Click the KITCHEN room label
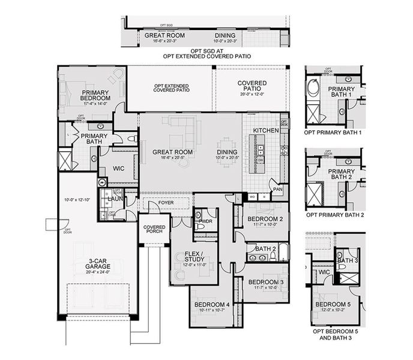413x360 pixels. point(265,130)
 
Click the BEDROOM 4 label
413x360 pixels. point(211,305)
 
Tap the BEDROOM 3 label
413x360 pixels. point(265,282)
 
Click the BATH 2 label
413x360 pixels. point(265,248)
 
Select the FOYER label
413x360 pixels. point(166,203)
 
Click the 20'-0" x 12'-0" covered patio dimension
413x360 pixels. point(252,94)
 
